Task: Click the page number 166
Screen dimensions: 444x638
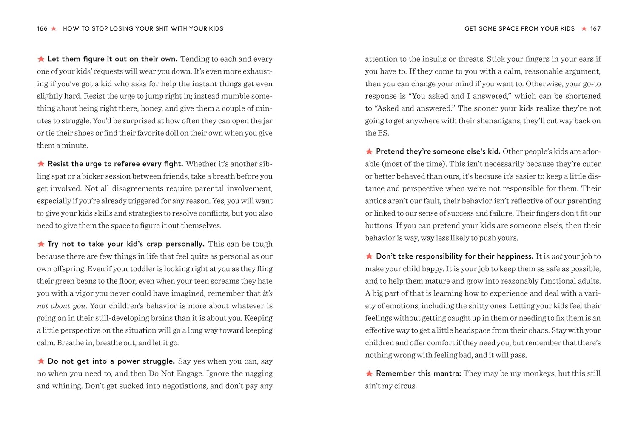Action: click(42, 28)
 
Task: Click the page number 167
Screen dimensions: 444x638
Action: click(595, 28)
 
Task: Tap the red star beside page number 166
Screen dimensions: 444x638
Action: click(54, 28)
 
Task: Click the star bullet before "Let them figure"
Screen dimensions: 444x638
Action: click(41, 59)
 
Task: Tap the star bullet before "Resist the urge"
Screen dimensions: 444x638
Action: click(41, 164)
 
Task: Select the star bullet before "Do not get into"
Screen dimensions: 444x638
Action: click(41, 361)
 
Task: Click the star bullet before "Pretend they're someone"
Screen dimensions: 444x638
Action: click(369, 151)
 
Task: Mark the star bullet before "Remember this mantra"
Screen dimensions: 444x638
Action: click(369, 373)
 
